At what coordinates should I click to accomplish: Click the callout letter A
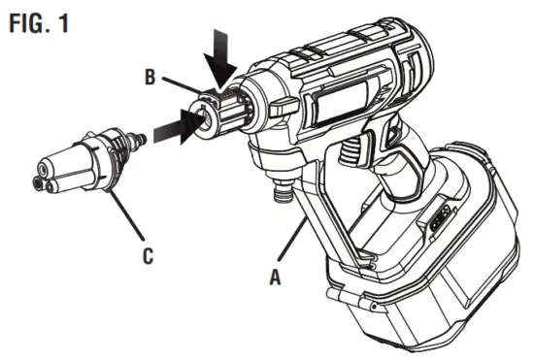[275, 275]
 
